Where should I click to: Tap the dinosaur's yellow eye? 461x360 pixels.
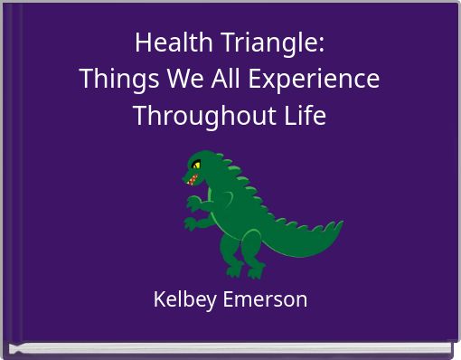click(196, 166)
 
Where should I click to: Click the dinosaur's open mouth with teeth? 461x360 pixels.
click(193, 179)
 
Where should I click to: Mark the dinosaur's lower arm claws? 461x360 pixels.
click(190, 223)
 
